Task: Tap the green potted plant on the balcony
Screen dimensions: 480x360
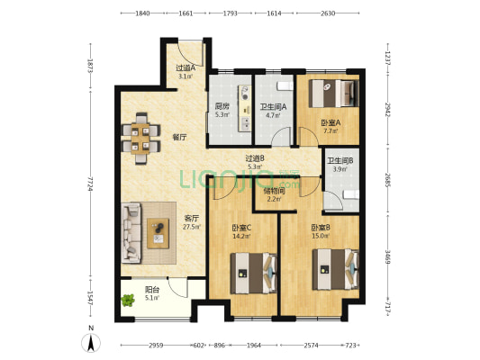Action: coord(128,300)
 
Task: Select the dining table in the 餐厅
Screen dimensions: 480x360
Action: coord(140,139)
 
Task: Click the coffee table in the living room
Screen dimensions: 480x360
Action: coord(158,233)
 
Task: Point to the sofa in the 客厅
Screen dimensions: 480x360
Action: coord(131,233)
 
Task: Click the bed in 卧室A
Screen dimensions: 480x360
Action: coord(334,94)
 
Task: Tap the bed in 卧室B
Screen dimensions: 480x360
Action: coord(336,269)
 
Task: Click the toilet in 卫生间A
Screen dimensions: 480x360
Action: coord(285,85)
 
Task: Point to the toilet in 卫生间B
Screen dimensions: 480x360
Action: coord(351,194)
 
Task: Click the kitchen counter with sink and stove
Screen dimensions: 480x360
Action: coord(245,109)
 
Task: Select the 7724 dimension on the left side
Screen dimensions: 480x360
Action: coord(90,184)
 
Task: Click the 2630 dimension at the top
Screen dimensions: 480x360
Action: coord(328,13)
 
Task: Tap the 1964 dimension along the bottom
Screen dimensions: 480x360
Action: coord(254,346)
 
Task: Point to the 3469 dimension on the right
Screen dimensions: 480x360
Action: coord(387,257)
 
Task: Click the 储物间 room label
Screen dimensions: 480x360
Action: coord(275,191)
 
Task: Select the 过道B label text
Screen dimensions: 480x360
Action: coord(255,158)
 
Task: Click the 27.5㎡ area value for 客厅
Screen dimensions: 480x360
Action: coord(192,227)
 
